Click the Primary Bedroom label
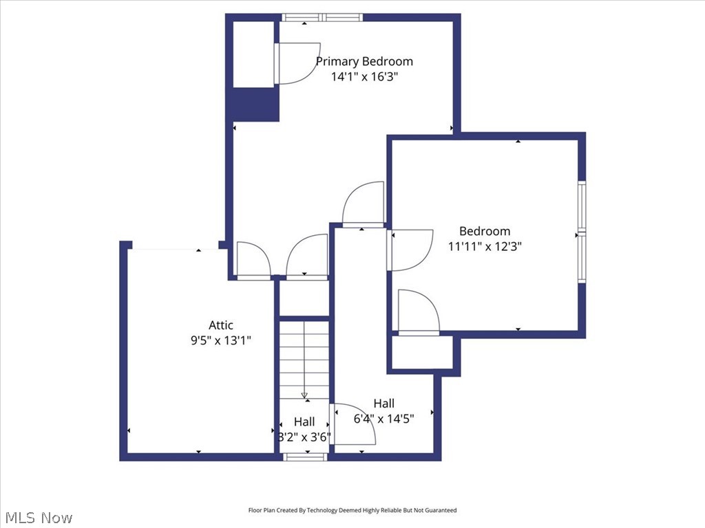click(364, 61)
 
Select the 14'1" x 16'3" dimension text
click(364, 77)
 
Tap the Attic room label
click(221, 325)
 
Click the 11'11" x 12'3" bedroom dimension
click(485, 247)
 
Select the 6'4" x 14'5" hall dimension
click(383, 418)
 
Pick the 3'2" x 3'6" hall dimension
click(304, 437)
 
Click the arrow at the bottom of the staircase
click(304, 395)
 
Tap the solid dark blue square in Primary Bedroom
click(255, 104)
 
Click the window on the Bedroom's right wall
click(582, 232)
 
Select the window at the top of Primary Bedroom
click(322, 18)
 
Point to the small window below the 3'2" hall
click(304, 456)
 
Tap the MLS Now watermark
click(39, 517)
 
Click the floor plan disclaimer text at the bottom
click(352, 510)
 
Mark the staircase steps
click(304, 357)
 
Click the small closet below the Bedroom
click(422, 353)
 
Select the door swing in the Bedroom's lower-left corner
click(417, 312)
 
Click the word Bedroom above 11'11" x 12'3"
click(485, 231)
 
